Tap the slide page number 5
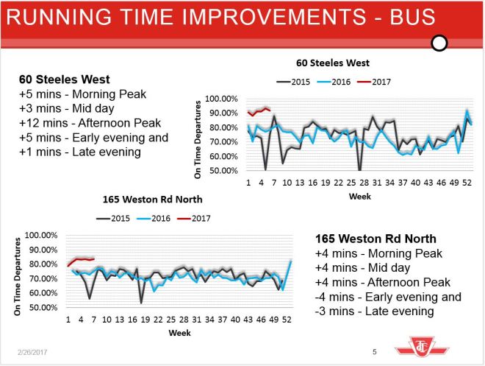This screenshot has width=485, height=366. (375, 352)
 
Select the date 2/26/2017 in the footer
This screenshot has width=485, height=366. (28, 353)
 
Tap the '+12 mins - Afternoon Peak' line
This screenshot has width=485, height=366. (89, 123)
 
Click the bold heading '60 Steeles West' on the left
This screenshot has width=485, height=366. (65, 79)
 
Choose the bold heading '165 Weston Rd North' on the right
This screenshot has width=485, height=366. (376, 239)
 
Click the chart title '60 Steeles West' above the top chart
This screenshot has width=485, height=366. (333, 63)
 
